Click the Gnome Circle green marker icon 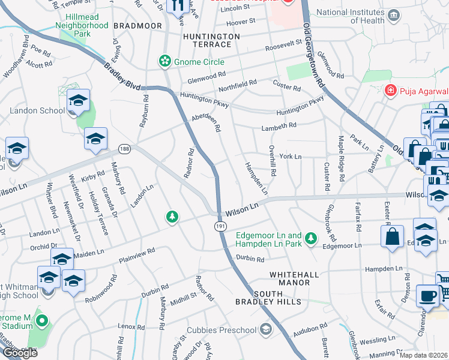pyautogui.click(x=164, y=61)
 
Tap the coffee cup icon pyautogui.click(x=427, y=296)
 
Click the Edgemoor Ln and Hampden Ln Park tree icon pyautogui.click(x=310, y=239)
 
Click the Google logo pyautogui.click(x=20, y=353)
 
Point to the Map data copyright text pyautogui.click(x=424, y=355)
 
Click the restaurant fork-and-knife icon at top pyautogui.click(x=176, y=5)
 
